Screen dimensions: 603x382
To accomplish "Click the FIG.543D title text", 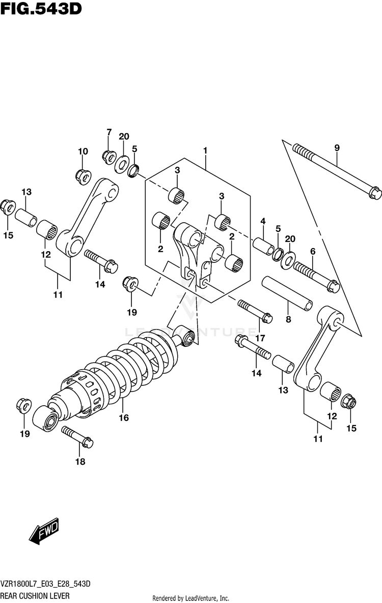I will pyautogui.click(x=41, y=9).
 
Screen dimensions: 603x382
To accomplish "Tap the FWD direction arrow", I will pyautogui.click(x=45, y=532).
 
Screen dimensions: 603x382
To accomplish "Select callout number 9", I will pyautogui.click(x=337, y=148).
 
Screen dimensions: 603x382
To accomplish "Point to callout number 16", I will pyautogui.click(x=124, y=418).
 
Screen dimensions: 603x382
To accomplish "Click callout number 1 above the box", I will pyautogui.click(x=205, y=150).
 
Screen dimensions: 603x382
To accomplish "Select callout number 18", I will pyautogui.click(x=80, y=462).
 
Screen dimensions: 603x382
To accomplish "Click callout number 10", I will pyautogui.click(x=83, y=151).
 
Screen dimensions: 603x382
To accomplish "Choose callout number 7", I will pyautogui.click(x=108, y=132).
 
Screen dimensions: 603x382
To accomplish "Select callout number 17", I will pyautogui.click(x=260, y=338).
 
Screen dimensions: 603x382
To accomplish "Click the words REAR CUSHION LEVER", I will pyautogui.click(x=35, y=595).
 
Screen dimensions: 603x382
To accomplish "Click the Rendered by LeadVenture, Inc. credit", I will pyautogui.click(x=191, y=598).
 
